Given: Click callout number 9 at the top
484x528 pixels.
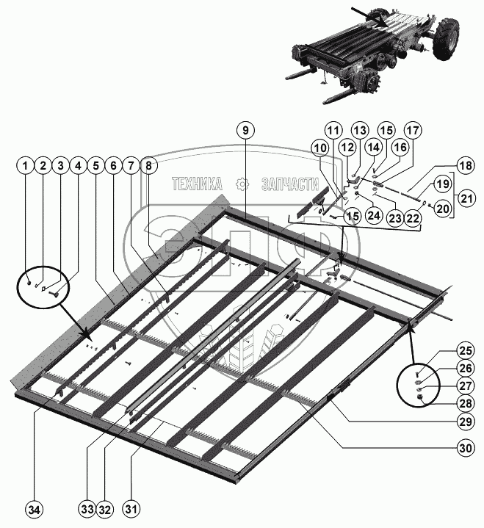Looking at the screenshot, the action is coord(246,130).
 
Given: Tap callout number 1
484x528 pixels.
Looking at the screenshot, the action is coord(26,167).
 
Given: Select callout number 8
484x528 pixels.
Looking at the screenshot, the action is coord(148,167).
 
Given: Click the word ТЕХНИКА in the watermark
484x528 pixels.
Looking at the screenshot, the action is coord(197,184).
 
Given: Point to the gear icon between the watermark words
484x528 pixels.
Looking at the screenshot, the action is coord(240,184).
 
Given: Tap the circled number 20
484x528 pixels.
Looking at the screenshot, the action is coord(444,209).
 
